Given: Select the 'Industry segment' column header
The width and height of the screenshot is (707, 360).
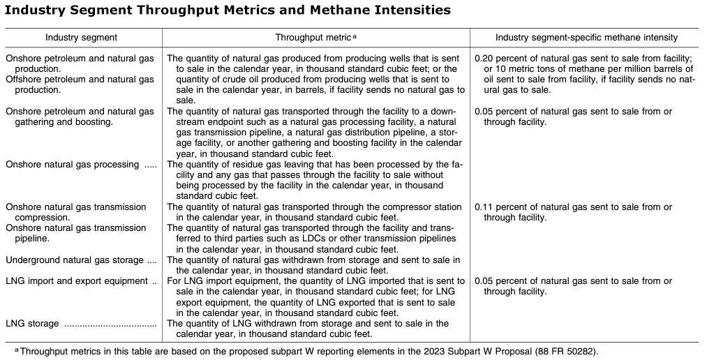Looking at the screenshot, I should [x=81, y=38].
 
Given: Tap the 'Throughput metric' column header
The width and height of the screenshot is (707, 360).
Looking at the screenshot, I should [x=313, y=38].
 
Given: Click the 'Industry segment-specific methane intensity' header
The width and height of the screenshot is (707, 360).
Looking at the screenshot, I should [x=586, y=38].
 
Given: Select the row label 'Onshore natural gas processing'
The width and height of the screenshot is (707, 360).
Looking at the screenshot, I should [x=72, y=165].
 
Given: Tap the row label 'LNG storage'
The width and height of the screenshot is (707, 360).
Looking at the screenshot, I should [x=32, y=324].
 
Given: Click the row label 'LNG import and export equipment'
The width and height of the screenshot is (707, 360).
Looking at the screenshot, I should [x=75, y=281].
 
